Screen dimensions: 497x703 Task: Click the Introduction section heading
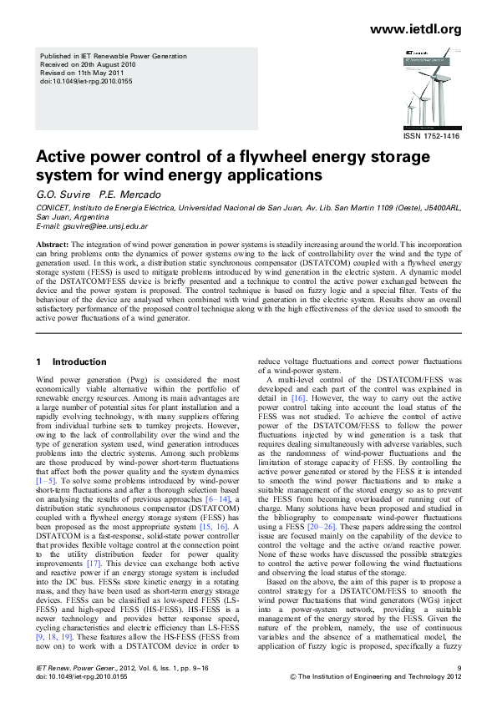79,362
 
